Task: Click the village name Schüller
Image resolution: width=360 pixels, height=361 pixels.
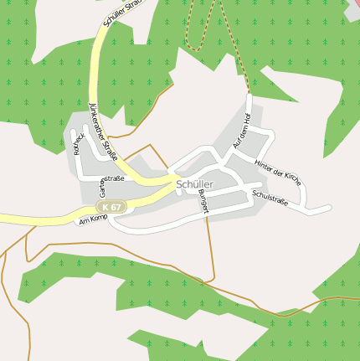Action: [x=194, y=184]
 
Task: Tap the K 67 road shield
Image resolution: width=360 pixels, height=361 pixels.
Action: [x=111, y=207]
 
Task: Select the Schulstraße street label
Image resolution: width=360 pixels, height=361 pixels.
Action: [x=270, y=199]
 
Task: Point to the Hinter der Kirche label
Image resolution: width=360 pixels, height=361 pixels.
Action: [x=277, y=170]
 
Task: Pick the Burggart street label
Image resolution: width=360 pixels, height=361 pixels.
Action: [x=203, y=201]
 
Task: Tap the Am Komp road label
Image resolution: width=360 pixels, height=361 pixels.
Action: [x=93, y=220]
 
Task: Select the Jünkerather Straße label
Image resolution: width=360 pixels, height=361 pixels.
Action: [x=102, y=132]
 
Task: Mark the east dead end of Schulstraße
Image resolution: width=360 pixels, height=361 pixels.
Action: [x=329, y=207]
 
